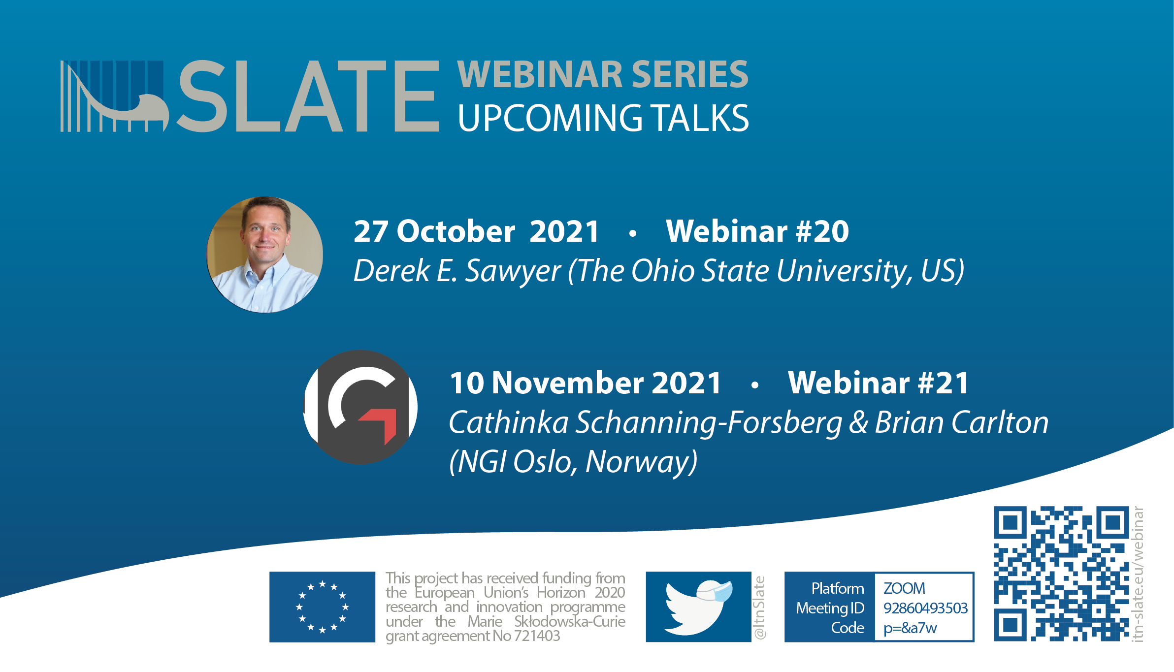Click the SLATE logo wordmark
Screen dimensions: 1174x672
tap(249, 96)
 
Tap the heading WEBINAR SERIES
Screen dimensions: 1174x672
tap(603, 74)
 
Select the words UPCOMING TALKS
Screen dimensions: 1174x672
tap(603, 119)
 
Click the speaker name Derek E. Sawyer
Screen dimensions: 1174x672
tap(457, 271)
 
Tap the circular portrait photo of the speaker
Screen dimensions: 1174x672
tap(265, 255)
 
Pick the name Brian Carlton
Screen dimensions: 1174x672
tap(962, 422)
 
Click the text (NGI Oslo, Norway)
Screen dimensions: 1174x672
tap(573, 462)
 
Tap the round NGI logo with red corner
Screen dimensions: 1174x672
tap(360, 407)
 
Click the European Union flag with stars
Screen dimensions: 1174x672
tap(322, 607)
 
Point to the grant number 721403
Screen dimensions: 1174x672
tap(537, 636)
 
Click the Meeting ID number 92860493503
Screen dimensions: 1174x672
tap(925, 608)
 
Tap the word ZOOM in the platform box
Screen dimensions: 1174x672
tap(904, 588)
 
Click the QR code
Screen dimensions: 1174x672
tap(1061, 574)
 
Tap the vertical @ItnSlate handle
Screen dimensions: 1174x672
tap(760, 608)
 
